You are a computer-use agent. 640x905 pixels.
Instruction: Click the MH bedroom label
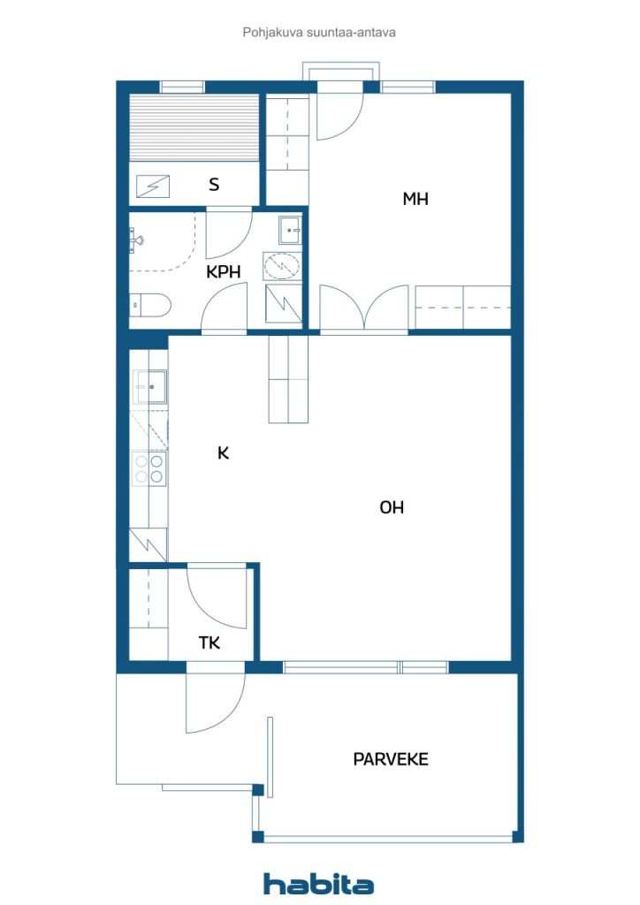pyautogui.click(x=415, y=199)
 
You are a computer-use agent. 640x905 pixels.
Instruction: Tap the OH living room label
pyautogui.click(x=392, y=507)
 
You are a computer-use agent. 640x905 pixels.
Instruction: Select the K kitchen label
pyautogui.click(x=224, y=453)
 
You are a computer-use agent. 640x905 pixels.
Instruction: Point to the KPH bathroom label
pyautogui.click(x=224, y=272)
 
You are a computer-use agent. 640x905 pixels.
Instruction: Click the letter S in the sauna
pyautogui.click(x=214, y=185)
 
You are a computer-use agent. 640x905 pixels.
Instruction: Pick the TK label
pyautogui.click(x=209, y=643)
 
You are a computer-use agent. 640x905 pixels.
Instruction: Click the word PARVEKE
pyautogui.click(x=391, y=759)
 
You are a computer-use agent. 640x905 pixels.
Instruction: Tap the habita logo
pyautogui.click(x=318, y=884)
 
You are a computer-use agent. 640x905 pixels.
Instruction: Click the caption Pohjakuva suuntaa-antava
pyautogui.click(x=319, y=33)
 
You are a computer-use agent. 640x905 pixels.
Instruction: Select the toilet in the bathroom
pyautogui.click(x=149, y=305)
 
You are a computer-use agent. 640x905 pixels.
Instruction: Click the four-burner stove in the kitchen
pyautogui.click(x=149, y=468)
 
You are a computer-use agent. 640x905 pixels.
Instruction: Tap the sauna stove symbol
pyautogui.click(x=153, y=186)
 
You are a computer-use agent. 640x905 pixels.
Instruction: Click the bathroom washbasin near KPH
pyautogui.click(x=290, y=231)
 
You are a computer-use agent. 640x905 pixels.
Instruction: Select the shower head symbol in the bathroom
pyautogui.click(x=136, y=240)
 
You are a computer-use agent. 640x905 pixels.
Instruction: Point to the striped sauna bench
pyautogui.click(x=194, y=127)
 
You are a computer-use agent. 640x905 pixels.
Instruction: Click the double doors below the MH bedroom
pyautogui.click(x=363, y=308)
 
